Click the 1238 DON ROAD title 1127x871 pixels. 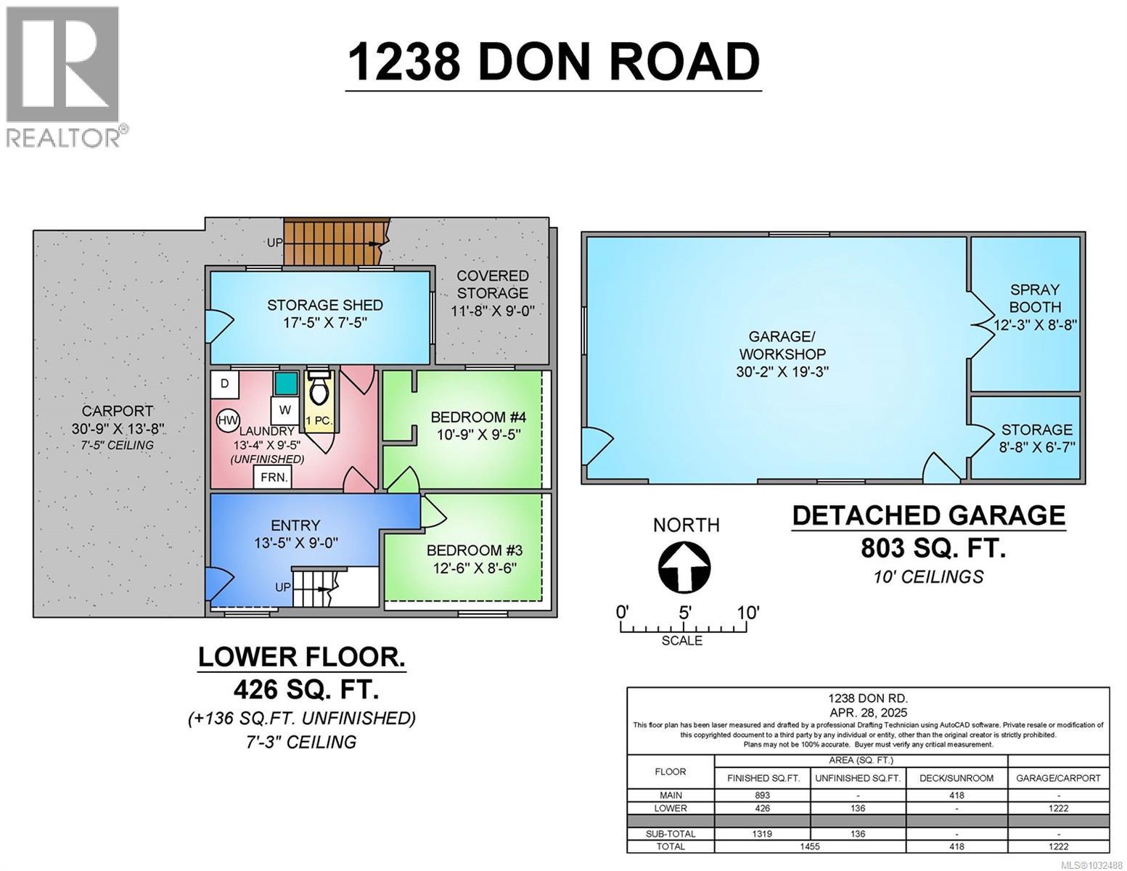(x=553, y=62)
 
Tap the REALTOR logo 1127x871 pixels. (x=63, y=76)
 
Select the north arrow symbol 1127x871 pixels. (x=684, y=567)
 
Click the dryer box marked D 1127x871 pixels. (x=225, y=383)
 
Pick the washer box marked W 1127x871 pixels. (x=285, y=410)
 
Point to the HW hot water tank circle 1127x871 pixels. (x=227, y=420)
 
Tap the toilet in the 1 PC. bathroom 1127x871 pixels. (x=319, y=389)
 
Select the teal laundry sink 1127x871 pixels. (x=286, y=383)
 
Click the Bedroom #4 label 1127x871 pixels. (x=478, y=417)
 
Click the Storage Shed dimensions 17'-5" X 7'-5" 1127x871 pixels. (x=325, y=322)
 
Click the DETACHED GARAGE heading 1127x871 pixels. (x=928, y=515)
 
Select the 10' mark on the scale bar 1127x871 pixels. (x=747, y=613)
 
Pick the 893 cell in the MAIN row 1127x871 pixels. (x=762, y=796)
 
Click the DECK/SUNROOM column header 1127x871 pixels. (x=956, y=777)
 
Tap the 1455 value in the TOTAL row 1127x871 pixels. (x=810, y=846)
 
